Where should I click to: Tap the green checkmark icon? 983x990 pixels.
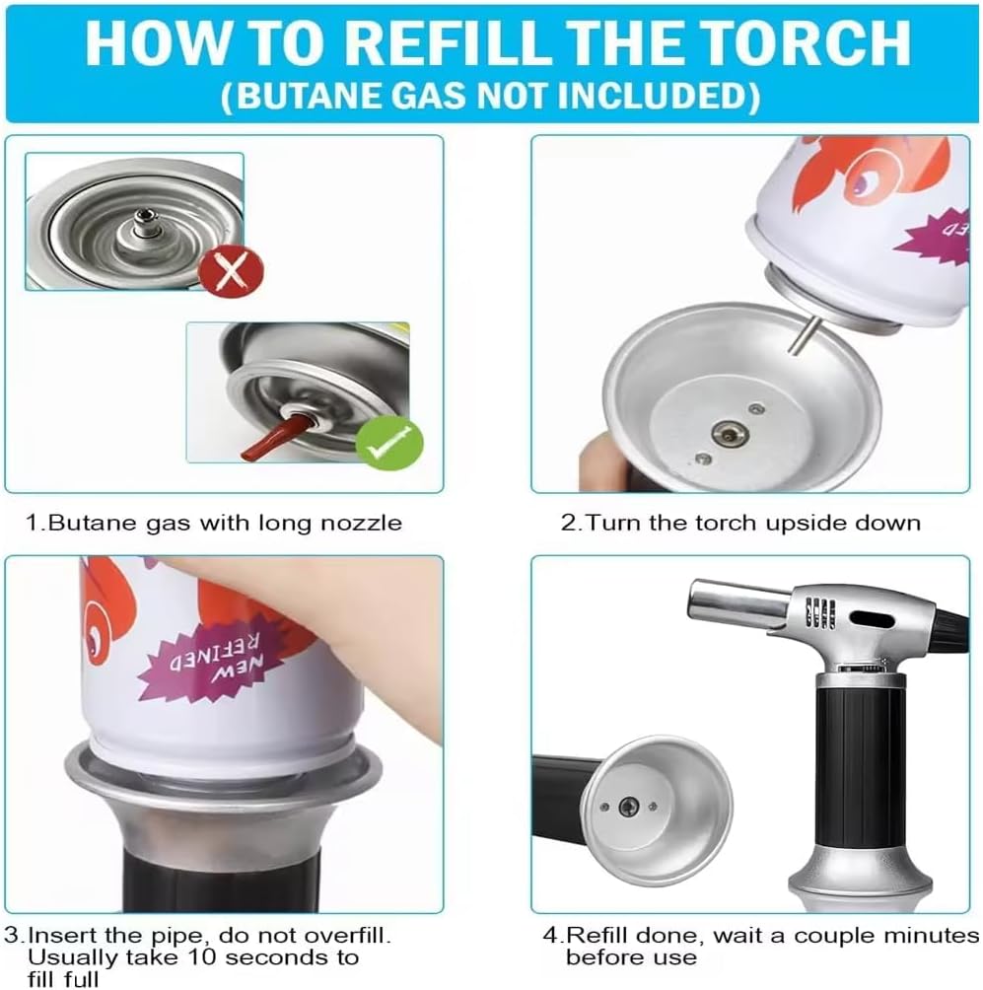(388, 442)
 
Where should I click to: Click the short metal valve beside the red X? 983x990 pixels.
(145, 224)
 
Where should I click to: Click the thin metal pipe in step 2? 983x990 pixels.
(805, 335)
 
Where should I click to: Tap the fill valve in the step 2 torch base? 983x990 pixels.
(730, 433)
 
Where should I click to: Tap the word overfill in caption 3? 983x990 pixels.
(347, 935)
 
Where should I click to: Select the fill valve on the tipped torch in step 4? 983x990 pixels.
(628, 806)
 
